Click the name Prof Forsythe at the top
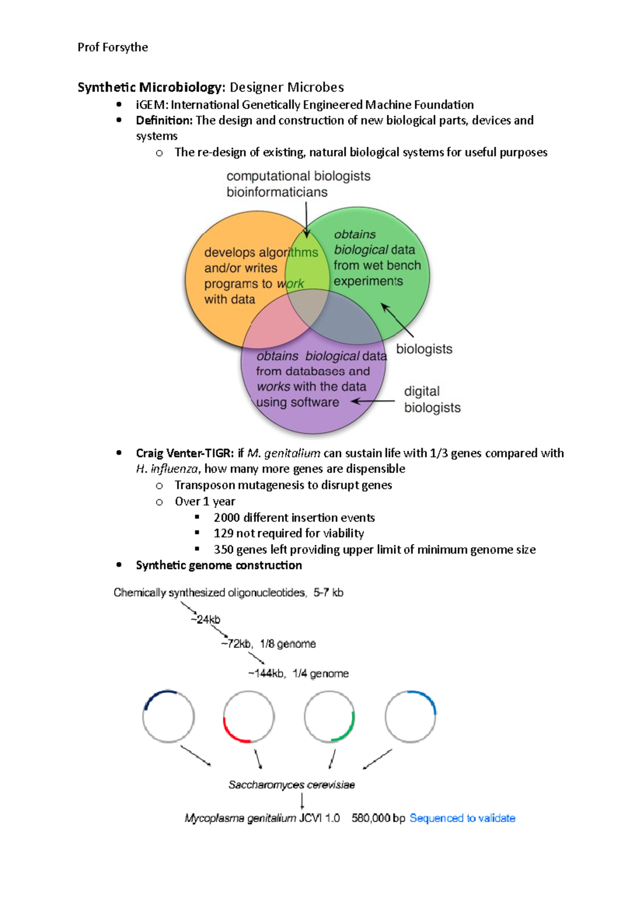[112, 47]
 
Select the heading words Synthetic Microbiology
[150, 87]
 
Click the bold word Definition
[164, 120]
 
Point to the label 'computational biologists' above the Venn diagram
[298, 176]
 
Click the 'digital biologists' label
[432, 399]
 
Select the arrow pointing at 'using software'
[373, 401]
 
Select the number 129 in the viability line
[223, 533]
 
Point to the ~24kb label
[205, 619]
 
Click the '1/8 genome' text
[288, 644]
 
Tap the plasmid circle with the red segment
[249, 717]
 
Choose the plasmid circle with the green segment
[330, 717]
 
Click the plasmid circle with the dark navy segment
[169, 716]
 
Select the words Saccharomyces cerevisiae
[292, 785]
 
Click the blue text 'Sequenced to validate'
[462, 818]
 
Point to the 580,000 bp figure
[378, 818]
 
